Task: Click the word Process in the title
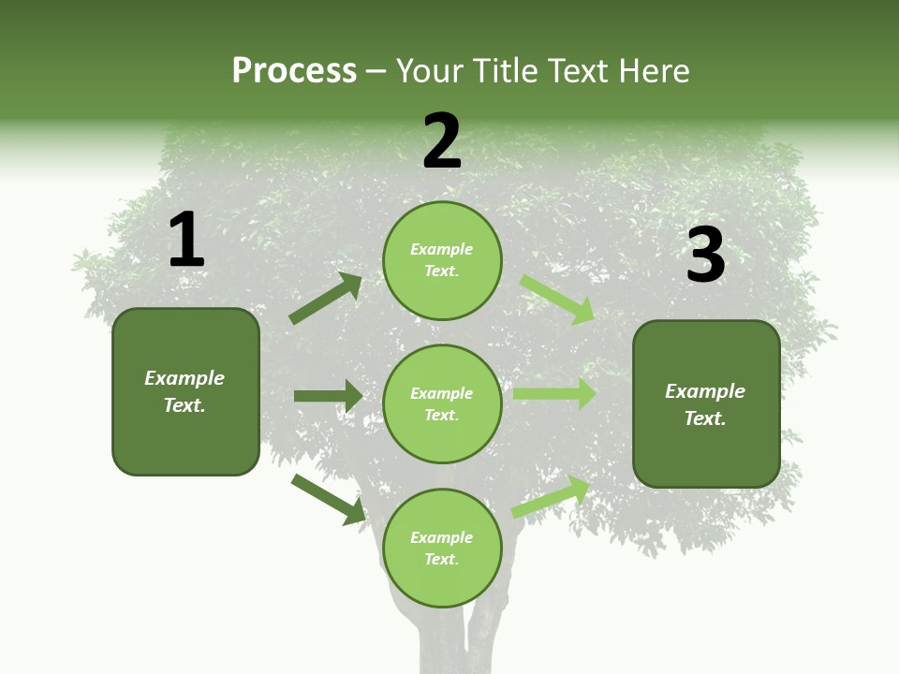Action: [294, 71]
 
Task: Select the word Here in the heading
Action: [655, 71]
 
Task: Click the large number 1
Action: [186, 241]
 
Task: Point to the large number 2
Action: [442, 141]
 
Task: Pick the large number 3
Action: [705, 256]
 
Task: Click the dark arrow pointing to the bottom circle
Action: [329, 498]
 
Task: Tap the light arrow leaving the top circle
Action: [557, 299]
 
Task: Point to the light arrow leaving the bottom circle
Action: [552, 496]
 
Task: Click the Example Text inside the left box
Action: [185, 391]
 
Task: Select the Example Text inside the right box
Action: [706, 404]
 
